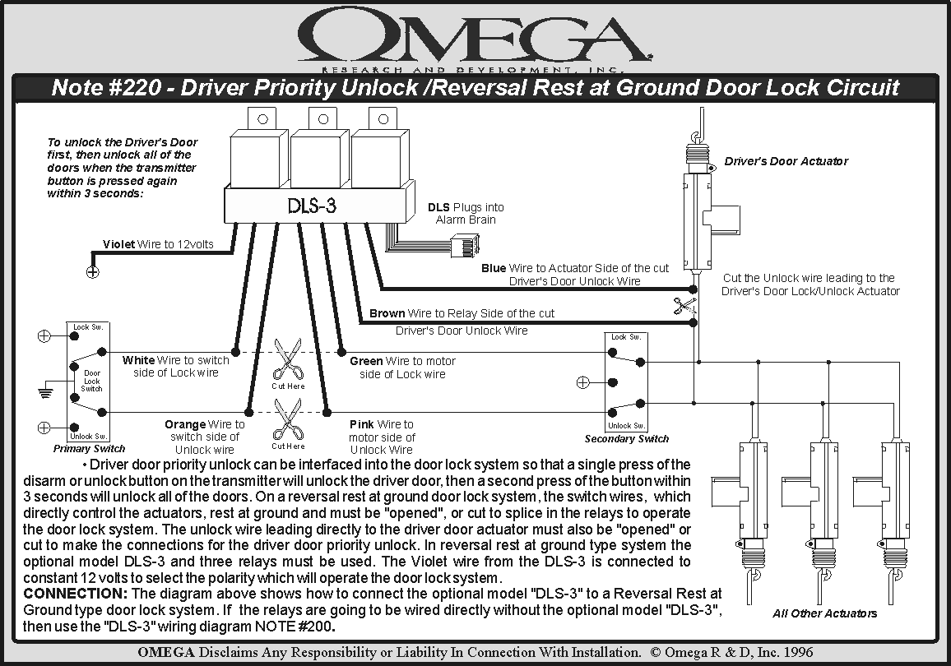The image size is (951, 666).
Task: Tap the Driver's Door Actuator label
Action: point(786,161)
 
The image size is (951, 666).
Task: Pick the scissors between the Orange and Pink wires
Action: point(288,419)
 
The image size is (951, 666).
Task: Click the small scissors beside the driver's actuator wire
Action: point(683,306)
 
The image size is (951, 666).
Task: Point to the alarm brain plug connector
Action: point(460,244)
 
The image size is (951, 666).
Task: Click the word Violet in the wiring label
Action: point(119,244)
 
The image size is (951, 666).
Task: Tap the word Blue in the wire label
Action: point(494,268)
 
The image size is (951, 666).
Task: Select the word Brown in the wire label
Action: point(387,313)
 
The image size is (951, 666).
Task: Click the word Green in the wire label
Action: point(366,361)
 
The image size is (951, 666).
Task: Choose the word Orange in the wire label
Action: point(185,424)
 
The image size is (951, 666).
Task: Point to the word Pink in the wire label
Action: point(362,424)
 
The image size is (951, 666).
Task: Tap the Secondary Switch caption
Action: point(627,439)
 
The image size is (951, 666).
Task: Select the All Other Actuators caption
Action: point(824,613)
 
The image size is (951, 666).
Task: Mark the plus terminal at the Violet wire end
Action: point(93,272)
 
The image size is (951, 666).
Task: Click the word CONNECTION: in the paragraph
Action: point(75,594)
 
